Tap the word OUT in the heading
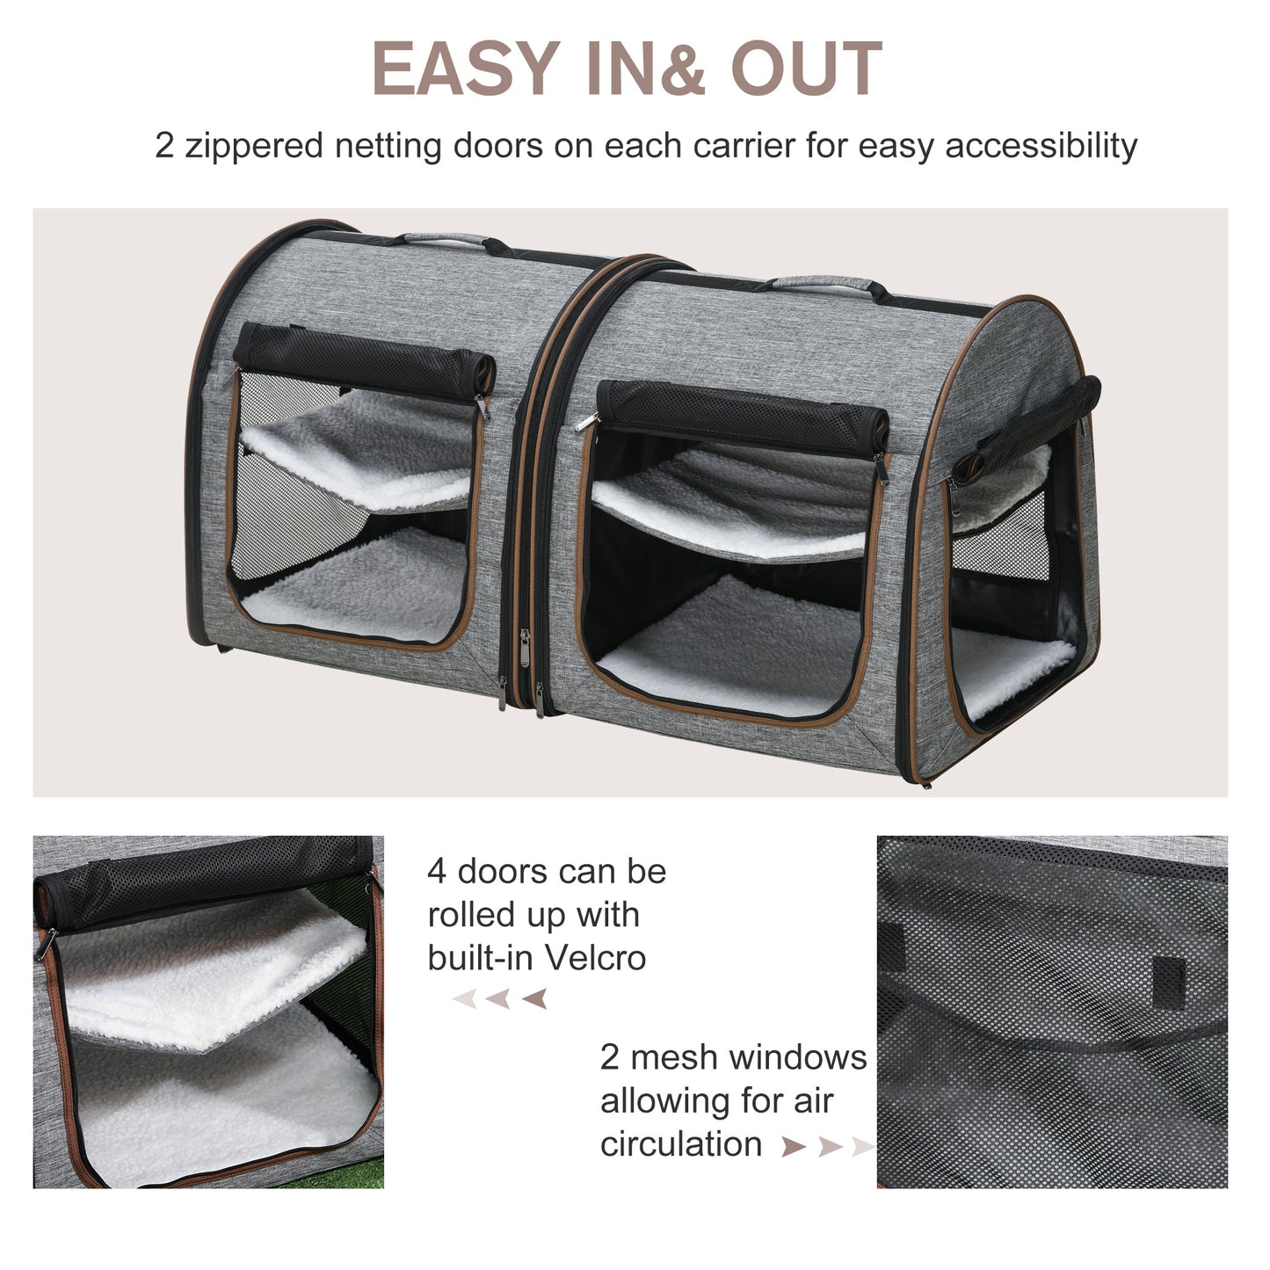[x=806, y=69]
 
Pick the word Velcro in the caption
[x=595, y=957]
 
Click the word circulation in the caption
[x=681, y=1144]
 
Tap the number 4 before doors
[x=437, y=872]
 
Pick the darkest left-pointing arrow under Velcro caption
[x=534, y=998]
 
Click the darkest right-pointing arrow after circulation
[x=793, y=1146]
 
